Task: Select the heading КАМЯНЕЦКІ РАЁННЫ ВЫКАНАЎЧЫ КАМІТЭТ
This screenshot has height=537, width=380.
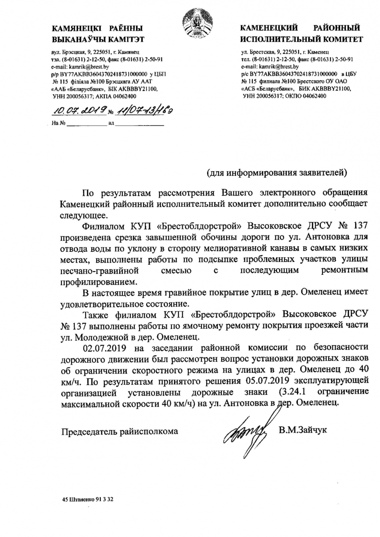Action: click(97, 34)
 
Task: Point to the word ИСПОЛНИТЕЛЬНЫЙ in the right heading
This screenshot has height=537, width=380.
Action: click(277, 39)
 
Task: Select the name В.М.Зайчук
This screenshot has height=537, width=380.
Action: click(302, 430)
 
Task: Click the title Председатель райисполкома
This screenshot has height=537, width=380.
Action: click(120, 430)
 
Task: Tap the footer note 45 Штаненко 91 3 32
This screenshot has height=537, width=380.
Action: click(88, 500)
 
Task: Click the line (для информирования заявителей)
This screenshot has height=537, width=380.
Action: click(277, 172)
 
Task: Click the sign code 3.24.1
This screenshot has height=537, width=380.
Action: click(296, 392)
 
